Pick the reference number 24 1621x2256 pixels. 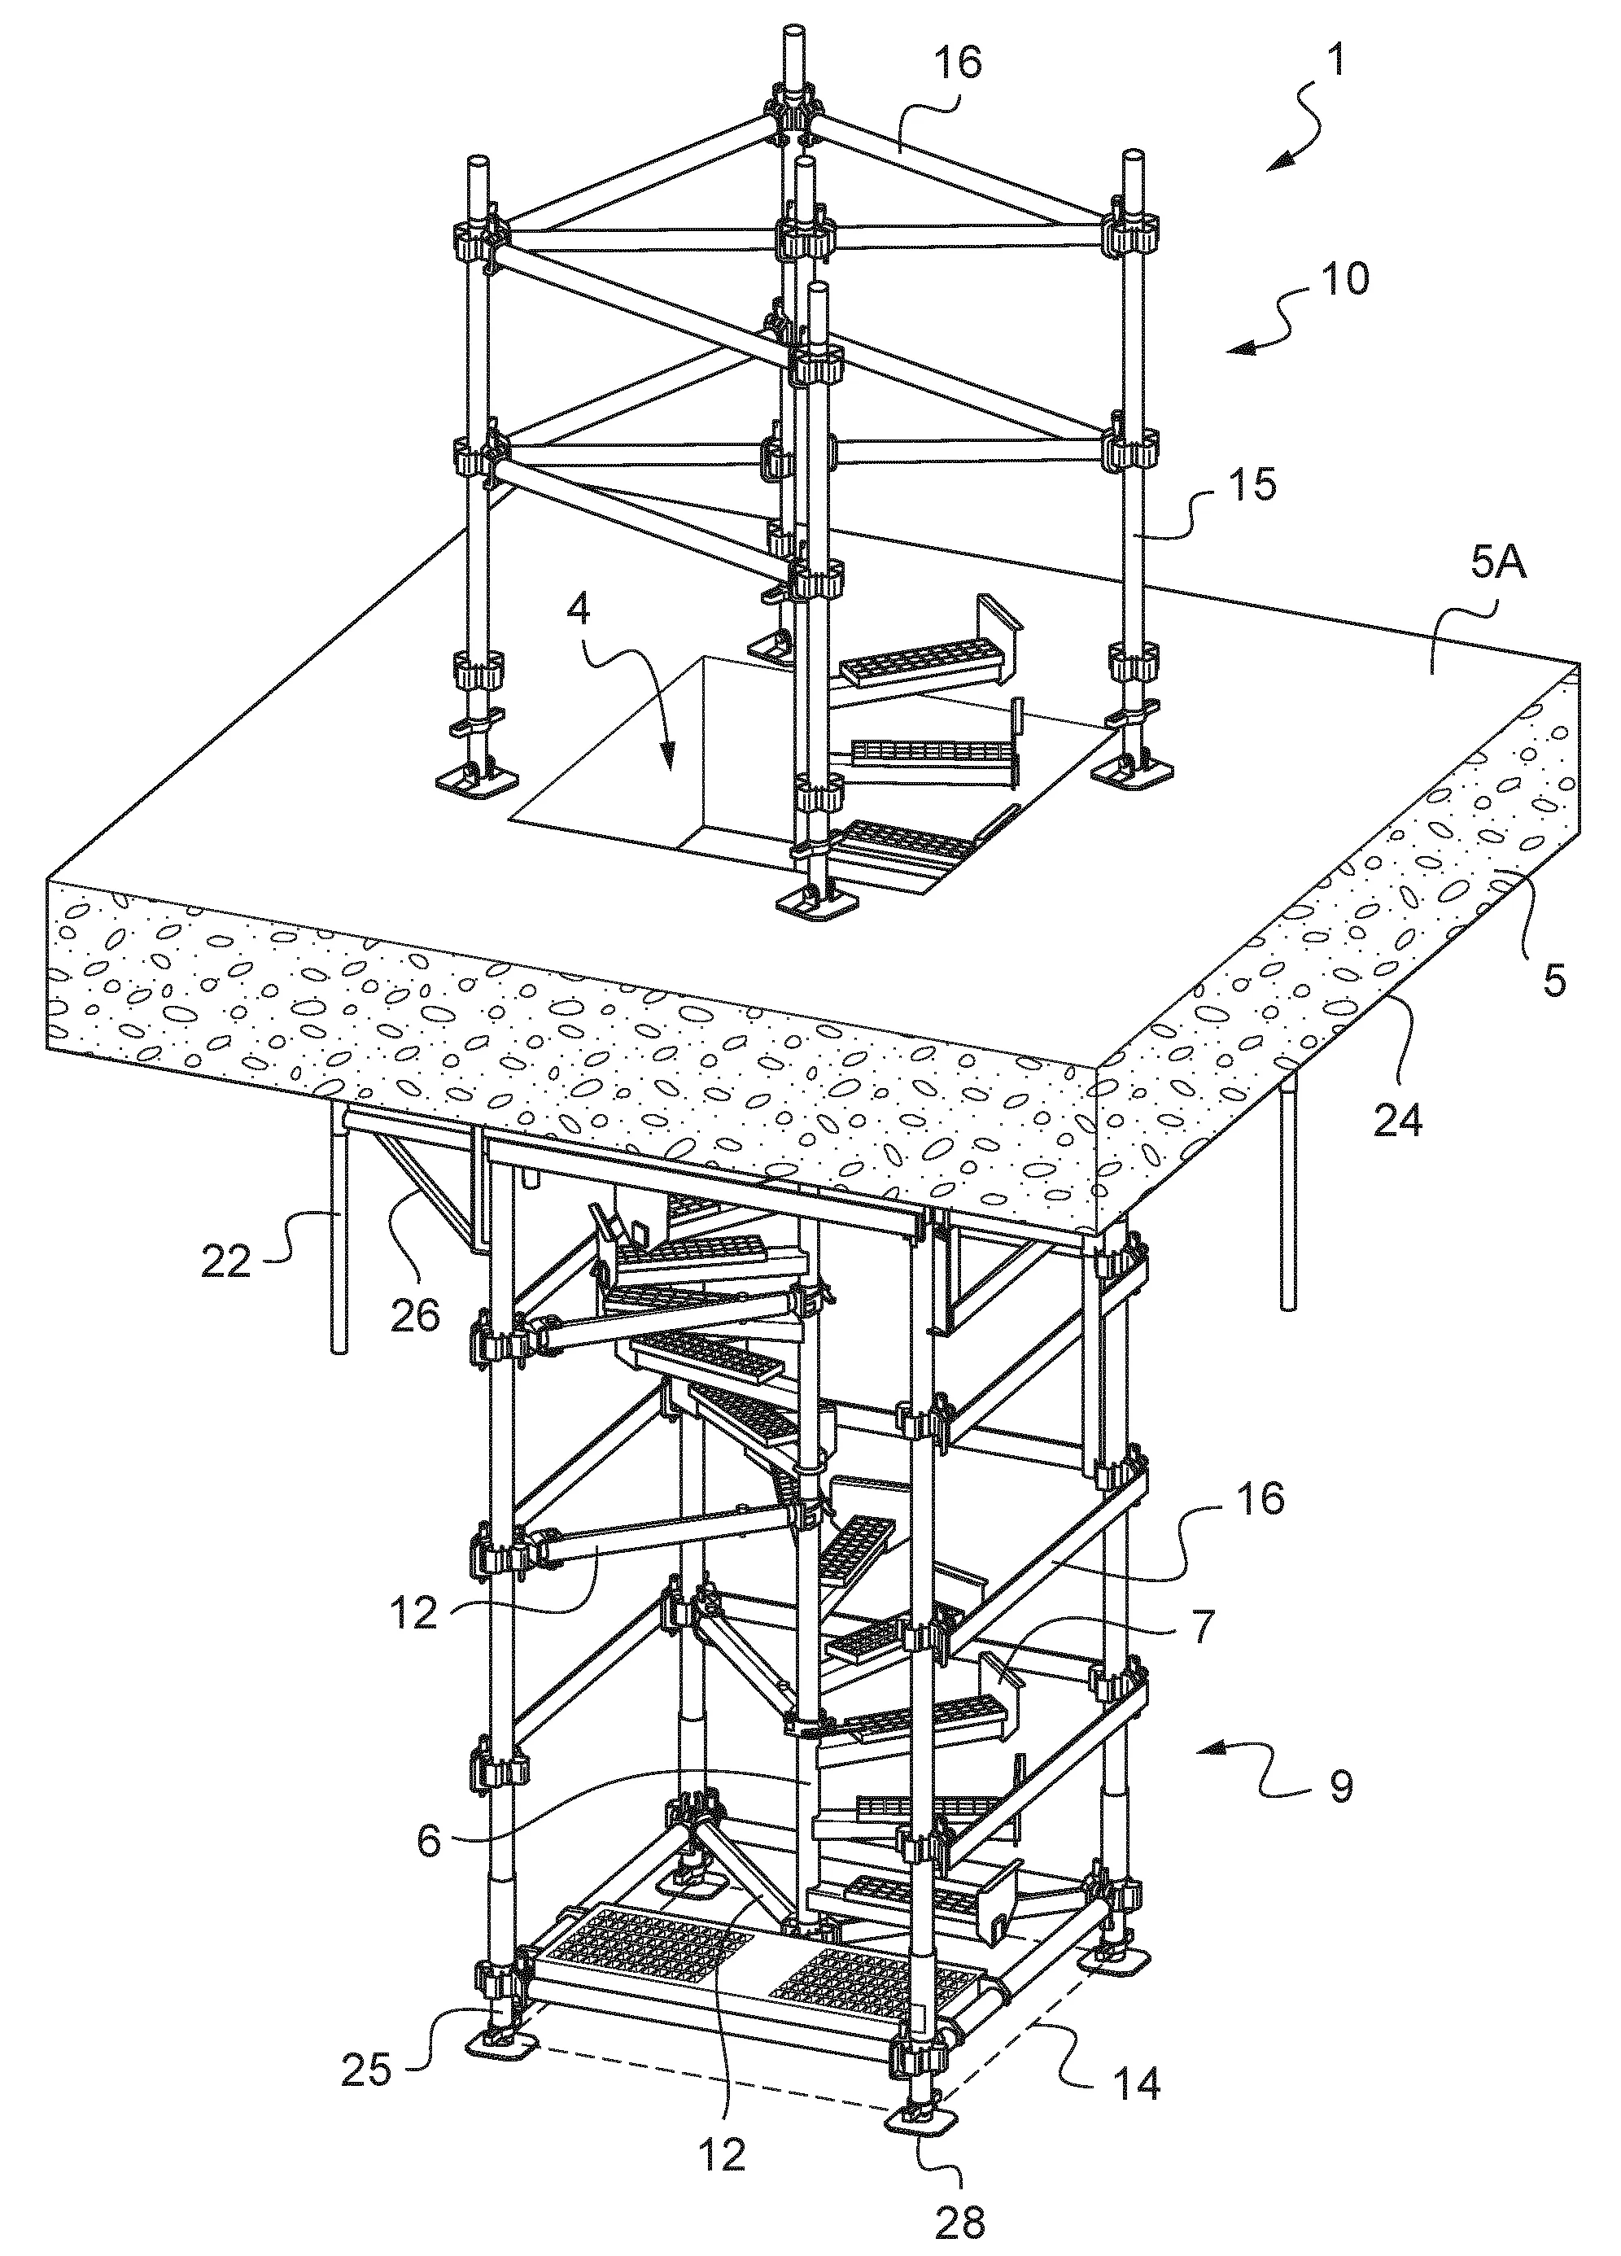point(1398,1121)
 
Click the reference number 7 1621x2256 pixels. point(1201,1624)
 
